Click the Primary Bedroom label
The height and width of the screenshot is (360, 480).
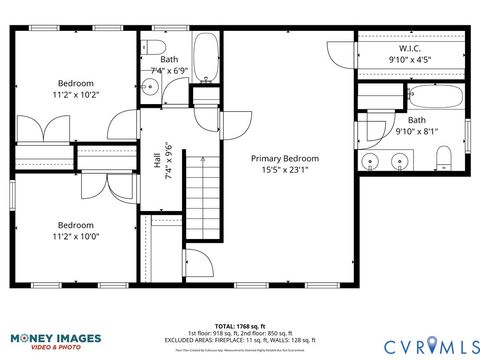[x=285, y=158]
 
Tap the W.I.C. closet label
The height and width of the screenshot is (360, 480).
[x=408, y=47]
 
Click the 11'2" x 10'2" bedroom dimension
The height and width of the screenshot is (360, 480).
[x=75, y=96]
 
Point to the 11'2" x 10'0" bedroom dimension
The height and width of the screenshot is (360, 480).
[x=75, y=237]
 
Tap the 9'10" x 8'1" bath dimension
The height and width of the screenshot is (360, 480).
[x=415, y=131]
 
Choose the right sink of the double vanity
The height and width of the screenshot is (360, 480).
[x=400, y=160]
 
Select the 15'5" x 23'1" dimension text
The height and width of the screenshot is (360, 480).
[x=285, y=170]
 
